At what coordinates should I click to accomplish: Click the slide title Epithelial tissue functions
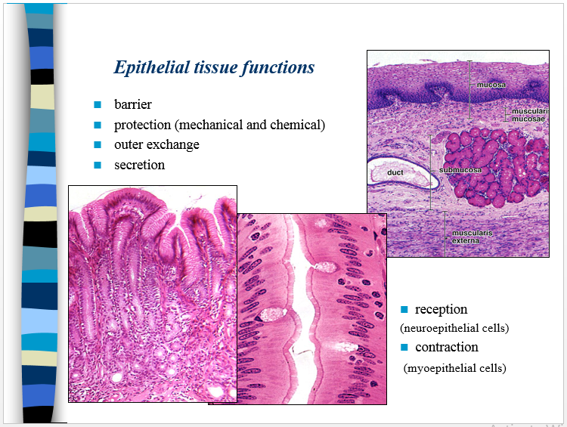pos(214,67)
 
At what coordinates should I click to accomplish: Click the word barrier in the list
pos(133,104)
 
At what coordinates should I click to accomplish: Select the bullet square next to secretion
pos(98,165)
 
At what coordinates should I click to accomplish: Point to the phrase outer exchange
pos(156,144)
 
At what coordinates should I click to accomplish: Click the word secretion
pos(139,165)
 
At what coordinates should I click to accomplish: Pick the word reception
pos(441,309)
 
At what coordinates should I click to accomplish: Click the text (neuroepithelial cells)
pos(454,328)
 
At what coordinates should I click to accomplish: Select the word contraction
pos(446,347)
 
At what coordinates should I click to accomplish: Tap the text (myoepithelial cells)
pos(454,368)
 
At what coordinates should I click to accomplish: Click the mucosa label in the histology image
pos(491,85)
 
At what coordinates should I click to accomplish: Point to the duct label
pos(395,172)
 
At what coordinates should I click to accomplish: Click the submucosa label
pos(460,170)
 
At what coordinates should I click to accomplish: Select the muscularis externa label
pos(472,237)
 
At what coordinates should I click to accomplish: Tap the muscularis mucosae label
pos(528,115)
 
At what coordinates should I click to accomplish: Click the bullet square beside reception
pos(404,309)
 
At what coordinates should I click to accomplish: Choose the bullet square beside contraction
pos(404,347)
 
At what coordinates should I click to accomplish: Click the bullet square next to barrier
pos(98,104)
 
